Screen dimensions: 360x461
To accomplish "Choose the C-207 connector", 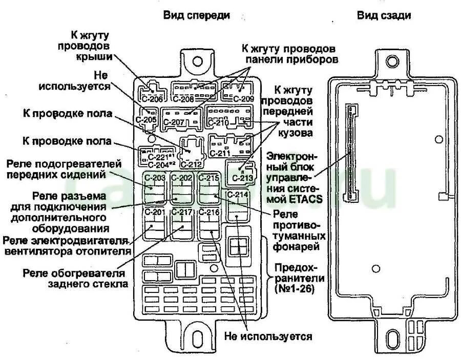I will click(181, 118).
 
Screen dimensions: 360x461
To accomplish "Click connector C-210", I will click(228, 117).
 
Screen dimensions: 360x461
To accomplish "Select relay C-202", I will click(181, 187).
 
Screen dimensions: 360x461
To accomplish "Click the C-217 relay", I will click(181, 223).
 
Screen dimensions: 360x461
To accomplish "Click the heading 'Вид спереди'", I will click(196, 15).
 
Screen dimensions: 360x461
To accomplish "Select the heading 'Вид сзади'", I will click(384, 15).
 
